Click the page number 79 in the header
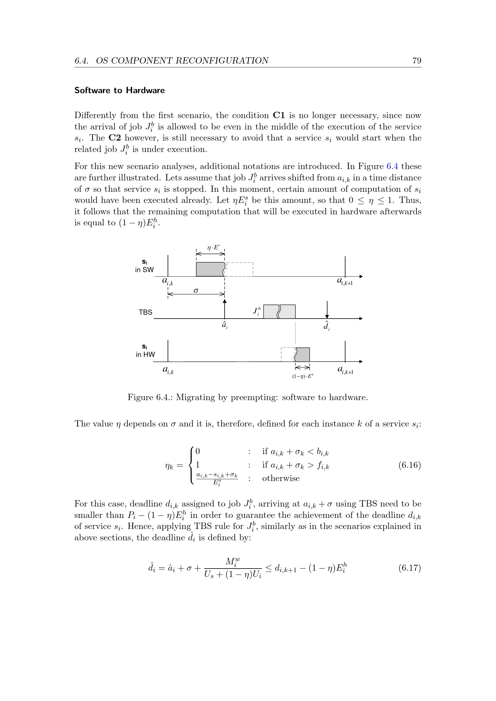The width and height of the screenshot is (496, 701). [x=417, y=61]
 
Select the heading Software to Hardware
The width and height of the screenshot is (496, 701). [x=119, y=91]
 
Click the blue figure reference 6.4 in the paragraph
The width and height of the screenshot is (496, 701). [x=392, y=166]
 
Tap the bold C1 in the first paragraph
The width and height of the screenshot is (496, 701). [x=279, y=115]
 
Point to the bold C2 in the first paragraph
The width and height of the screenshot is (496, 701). [x=115, y=138]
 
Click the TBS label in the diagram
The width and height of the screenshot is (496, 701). [x=145, y=312]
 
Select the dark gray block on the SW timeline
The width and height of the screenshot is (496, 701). [x=210, y=269]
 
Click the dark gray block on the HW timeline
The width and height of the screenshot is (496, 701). [x=303, y=355]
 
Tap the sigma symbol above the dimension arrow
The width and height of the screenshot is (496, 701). [x=196, y=290]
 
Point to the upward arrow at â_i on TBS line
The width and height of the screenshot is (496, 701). [x=225, y=308]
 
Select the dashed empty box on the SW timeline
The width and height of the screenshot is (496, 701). [x=239, y=269]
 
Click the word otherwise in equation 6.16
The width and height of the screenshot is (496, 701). [x=281, y=478]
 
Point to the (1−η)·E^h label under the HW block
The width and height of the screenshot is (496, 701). [x=302, y=376]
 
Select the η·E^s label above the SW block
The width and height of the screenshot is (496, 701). [x=213, y=247]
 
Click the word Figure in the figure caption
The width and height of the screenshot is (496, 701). [x=140, y=397]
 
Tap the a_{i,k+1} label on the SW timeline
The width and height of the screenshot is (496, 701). [x=345, y=281]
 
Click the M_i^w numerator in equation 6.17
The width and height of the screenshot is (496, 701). [x=233, y=561]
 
